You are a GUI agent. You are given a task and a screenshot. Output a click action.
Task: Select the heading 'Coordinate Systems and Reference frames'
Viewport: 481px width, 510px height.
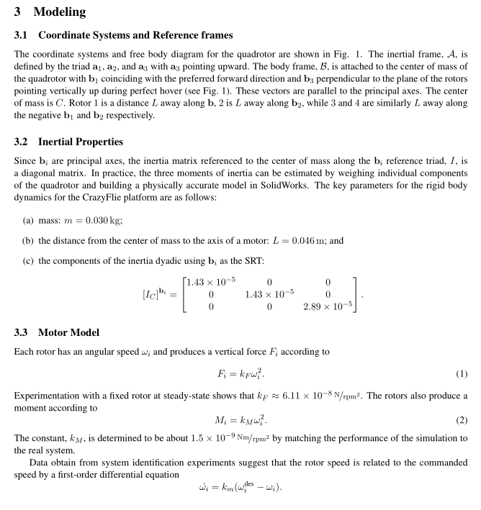135,35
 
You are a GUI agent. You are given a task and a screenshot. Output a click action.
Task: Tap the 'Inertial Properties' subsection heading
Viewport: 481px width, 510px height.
81,142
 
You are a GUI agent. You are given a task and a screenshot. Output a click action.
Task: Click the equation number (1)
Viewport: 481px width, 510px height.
462,374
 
